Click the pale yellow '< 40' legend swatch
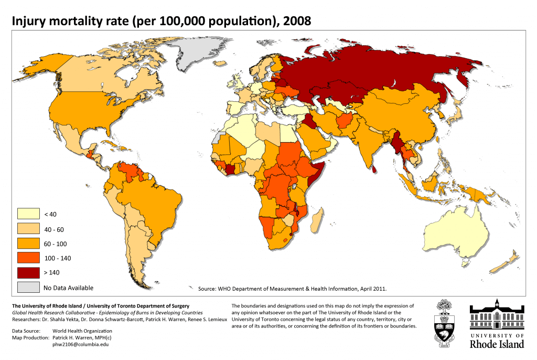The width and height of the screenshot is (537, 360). [28, 214]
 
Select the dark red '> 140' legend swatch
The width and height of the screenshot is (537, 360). [28, 272]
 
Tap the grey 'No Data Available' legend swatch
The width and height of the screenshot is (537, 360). [28, 287]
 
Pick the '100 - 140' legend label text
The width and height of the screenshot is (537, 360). [57, 258]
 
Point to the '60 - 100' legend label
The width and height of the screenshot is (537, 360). [55, 244]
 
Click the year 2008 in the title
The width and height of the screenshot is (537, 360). [297, 22]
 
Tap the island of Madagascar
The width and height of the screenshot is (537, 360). [316, 220]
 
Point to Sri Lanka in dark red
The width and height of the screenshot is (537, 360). [373, 169]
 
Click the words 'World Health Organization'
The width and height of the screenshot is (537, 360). [82, 331]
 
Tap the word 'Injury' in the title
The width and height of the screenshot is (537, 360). [29, 22]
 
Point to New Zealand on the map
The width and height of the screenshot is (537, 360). [508, 259]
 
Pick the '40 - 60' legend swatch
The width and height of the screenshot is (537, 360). [28, 229]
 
